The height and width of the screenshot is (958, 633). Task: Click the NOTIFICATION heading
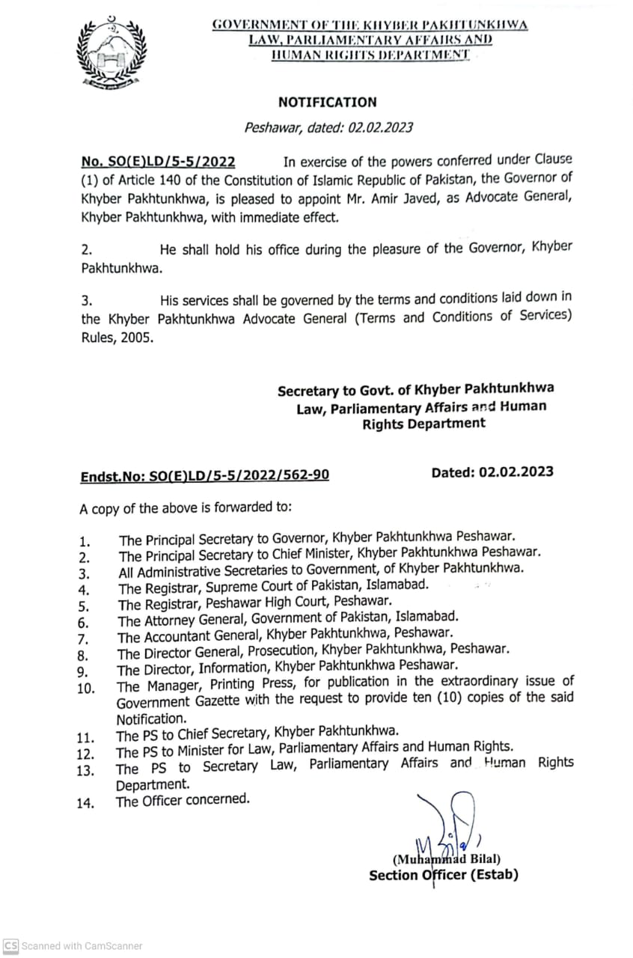click(328, 103)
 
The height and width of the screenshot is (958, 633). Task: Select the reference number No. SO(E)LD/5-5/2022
click(158, 162)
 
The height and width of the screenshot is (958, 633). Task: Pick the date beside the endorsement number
click(516, 472)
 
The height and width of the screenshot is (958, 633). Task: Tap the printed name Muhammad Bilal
click(447, 858)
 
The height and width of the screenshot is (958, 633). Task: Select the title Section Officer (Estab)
click(443, 875)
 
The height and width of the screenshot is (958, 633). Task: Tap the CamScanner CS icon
click(10, 946)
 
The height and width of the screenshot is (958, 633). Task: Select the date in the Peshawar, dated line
click(380, 128)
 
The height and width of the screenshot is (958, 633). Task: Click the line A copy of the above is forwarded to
click(186, 509)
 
